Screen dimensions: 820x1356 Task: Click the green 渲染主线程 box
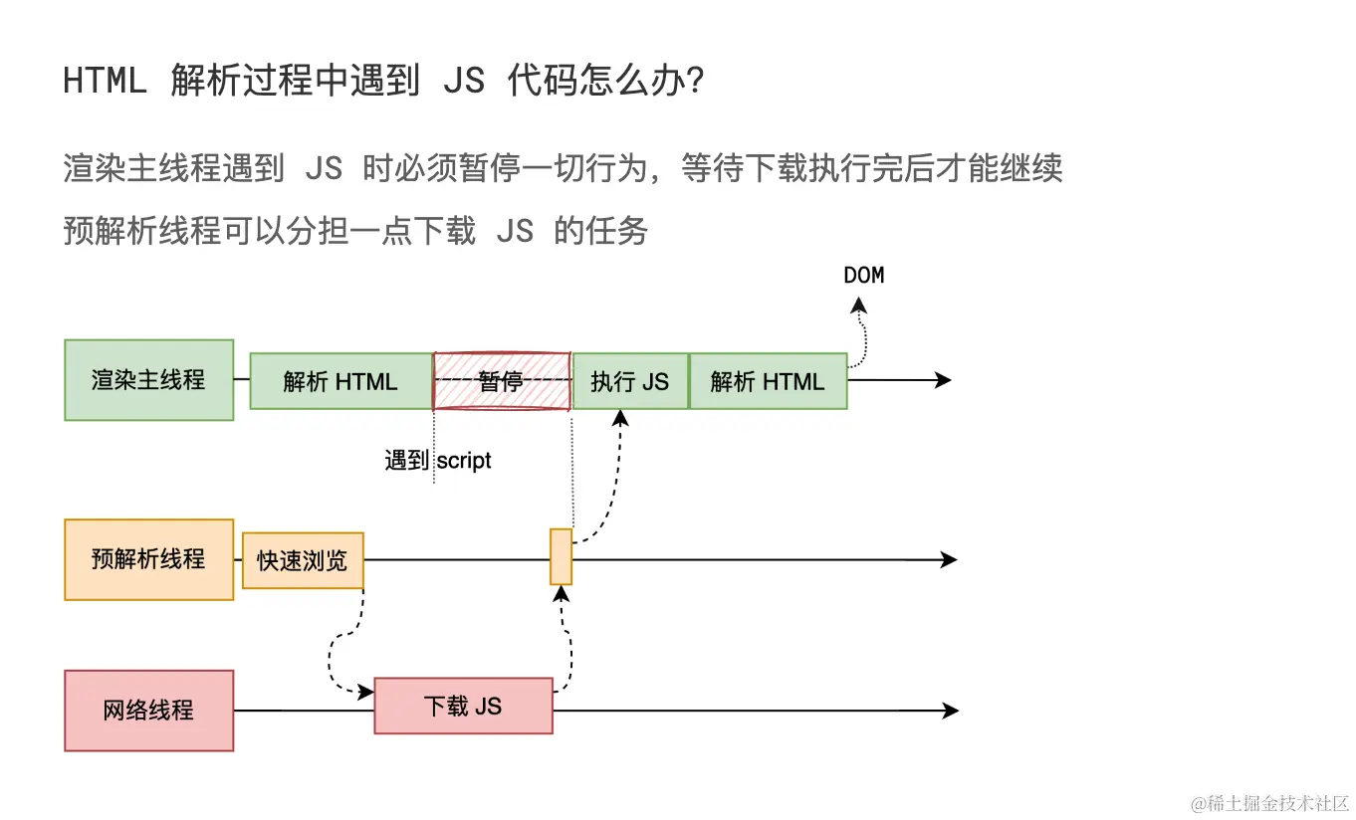click(x=149, y=380)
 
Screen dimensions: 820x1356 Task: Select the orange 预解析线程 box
click(x=149, y=559)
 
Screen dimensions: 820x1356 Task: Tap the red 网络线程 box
click(x=149, y=711)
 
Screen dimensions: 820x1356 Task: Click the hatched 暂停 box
click(x=502, y=380)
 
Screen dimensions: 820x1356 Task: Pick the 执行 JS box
click(x=630, y=380)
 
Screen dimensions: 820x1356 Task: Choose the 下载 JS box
click(x=463, y=707)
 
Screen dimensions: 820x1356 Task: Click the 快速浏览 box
click(x=303, y=560)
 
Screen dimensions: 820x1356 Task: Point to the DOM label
click(x=863, y=276)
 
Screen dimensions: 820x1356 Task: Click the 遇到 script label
click(x=438, y=461)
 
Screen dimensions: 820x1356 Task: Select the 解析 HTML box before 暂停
click(x=340, y=380)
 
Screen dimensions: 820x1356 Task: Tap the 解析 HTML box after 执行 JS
click(x=768, y=380)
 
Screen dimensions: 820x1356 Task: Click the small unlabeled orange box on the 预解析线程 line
click(x=562, y=557)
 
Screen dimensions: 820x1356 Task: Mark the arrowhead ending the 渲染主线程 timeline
click(x=943, y=380)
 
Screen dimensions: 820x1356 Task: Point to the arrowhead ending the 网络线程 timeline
click(x=950, y=711)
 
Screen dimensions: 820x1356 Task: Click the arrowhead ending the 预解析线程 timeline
click(x=948, y=559)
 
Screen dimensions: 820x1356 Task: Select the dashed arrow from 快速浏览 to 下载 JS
click(x=339, y=647)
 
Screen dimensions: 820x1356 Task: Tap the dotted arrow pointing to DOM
click(x=861, y=333)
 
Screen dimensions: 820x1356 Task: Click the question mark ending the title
click(x=697, y=80)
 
